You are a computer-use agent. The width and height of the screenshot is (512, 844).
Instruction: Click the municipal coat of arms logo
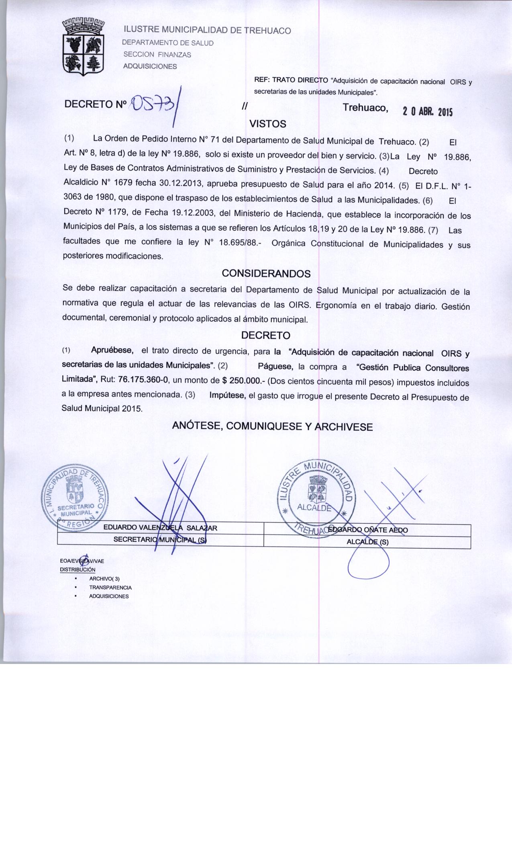pos(84,47)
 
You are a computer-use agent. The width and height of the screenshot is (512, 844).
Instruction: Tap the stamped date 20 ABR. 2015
pos(427,112)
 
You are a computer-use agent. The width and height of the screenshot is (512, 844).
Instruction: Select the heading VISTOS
pos(268,124)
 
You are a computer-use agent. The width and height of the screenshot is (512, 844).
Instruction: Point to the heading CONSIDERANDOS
pos(266,274)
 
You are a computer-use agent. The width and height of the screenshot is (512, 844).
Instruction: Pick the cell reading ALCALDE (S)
pos(367,541)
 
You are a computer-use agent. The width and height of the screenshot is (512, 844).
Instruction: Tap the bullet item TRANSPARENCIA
pos(110,587)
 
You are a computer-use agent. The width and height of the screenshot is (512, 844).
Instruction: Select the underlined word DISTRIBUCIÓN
pos(78,569)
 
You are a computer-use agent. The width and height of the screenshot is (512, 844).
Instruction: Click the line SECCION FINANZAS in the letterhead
pos(157,55)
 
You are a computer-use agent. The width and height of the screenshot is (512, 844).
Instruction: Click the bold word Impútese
pos(227,395)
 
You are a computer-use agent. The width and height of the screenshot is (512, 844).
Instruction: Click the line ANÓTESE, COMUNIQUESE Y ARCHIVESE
pos(272,426)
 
